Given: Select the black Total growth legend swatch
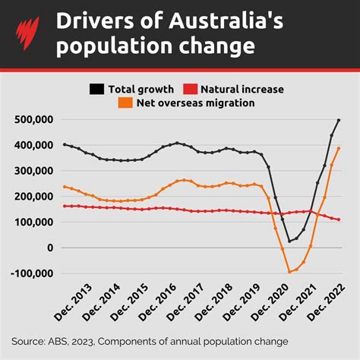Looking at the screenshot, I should click(97, 89).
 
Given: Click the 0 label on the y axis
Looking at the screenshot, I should click(50, 248).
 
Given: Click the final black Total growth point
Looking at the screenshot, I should click(339, 120).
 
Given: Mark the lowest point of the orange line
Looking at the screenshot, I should click(289, 271).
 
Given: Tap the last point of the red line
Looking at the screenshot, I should click(339, 219).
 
